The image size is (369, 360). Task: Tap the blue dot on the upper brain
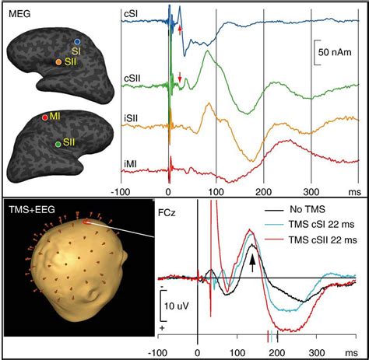76,40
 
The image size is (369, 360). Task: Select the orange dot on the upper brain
58,61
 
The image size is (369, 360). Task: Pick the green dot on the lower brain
58,145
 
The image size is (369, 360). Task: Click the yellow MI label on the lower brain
55,117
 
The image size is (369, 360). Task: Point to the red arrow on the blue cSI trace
180,30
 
